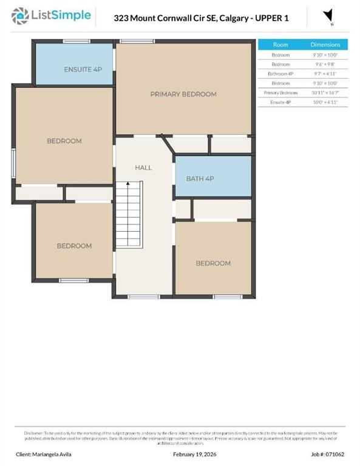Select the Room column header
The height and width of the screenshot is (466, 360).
click(x=280, y=45)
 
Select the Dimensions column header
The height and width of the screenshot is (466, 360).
click(x=325, y=45)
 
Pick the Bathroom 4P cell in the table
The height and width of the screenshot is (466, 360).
click(x=280, y=73)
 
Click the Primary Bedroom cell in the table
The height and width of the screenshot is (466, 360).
click(x=280, y=93)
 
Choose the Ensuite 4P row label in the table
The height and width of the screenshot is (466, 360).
click(x=280, y=103)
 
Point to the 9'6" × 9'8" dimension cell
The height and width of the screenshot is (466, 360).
click(x=325, y=64)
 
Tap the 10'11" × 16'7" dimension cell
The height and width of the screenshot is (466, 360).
click(x=325, y=93)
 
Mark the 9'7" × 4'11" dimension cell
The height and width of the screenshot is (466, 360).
click(x=325, y=73)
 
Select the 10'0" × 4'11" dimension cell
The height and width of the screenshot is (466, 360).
click(x=325, y=103)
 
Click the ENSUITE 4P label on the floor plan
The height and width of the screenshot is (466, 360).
click(x=83, y=69)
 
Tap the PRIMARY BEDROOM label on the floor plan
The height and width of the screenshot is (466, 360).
click(x=183, y=94)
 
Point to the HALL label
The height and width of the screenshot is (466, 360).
click(x=143, y=167)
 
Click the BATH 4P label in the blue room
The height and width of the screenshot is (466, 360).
click(x=200, y=178)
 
